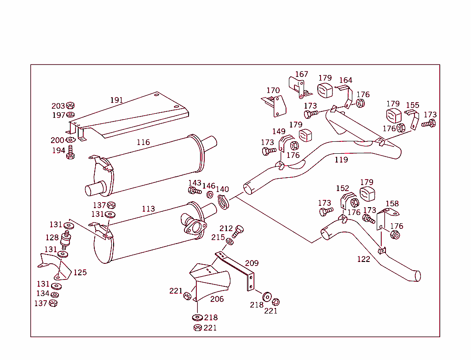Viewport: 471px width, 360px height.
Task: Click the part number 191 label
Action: [x=116, y=100]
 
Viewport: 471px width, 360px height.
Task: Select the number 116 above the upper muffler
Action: [x=143, y=142]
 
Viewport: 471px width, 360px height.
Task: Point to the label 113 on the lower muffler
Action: [x=148, y=209]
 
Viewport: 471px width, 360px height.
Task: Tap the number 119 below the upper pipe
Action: [x=341, y=160]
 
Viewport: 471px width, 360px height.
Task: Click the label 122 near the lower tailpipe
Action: [x=363, y=259]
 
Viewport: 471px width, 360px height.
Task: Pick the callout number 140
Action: [x=222, y=189]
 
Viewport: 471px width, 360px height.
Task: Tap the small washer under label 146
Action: [x=210, y=195]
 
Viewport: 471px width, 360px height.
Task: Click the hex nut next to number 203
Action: [x=70, y=106]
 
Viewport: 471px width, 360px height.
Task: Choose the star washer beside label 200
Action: [x=70, y=140]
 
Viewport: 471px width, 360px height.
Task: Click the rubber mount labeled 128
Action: [x=66, y=240]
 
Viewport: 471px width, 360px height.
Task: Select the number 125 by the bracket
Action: [x=80, y=273]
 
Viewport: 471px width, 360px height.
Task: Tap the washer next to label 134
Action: [x=55, y=295]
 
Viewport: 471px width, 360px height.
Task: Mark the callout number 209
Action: [x=252, y=263]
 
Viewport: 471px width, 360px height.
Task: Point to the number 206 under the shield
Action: [x=217, y=299]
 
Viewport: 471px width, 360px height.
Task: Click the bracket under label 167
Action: [x=296, y=88]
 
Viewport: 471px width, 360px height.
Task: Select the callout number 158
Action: [x=392, y=203]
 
